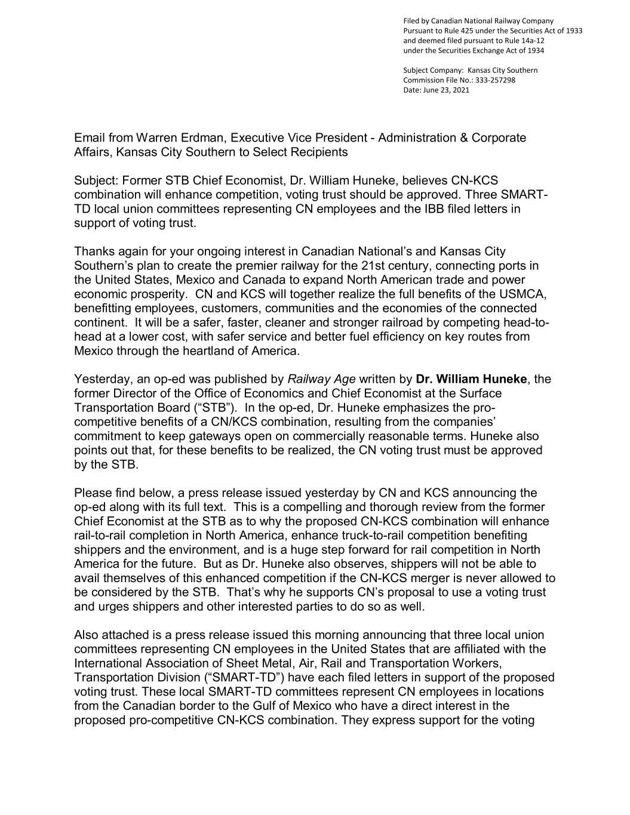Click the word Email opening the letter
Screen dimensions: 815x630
pyautogui.click(x=90, y=138)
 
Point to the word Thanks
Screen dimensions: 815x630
pyautogui.click(x=94, y=251)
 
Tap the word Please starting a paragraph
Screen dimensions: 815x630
pyautogui.click(x=93, y=493)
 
